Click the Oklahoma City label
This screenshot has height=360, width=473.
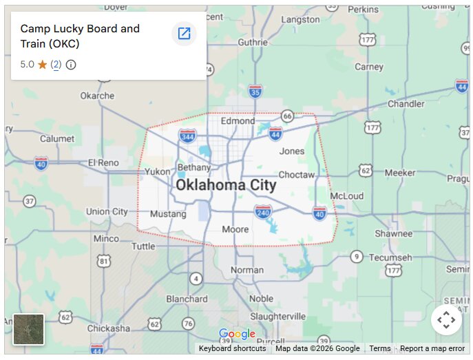pyautogui.click(x=225, y=185)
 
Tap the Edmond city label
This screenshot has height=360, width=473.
pyautogui.click(x=238, y=121)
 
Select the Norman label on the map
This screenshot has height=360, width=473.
pyautogui.click(x=246, y=270)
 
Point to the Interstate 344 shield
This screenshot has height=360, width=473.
pyautogui.click(x=187, y=136)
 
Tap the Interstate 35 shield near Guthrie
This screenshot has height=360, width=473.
pyautogui.click(x=255, y=91)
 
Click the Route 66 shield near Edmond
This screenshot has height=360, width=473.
pyautogui.click(x=288, y=116)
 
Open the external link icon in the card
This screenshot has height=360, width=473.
pyautogui.click(x=184, y=33)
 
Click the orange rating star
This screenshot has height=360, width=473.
pyautogui.click(x=42, y=65)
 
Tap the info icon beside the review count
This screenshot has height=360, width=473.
pyautogui.click(x=71, y=65)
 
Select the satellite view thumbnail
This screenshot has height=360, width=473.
pyautogui.click(x=28, y=329)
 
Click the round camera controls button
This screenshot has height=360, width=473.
pyautogui.click(x=446, y=320)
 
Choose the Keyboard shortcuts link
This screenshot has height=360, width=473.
pyautogui.click(x=232, y=348)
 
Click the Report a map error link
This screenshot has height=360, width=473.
pyautogui.click(x=432, y=348)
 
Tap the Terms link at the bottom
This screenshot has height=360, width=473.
pyautogui.click(x=379, y=348)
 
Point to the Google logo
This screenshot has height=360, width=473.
pyautogui.click(x=237, y=335)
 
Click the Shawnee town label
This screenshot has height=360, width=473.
pyautogui.click(x=393, y=234)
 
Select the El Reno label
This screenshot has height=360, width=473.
pyautogui.click(x=103, y=162)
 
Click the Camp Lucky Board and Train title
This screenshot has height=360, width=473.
pyautogui.click(x=80, y=36)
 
